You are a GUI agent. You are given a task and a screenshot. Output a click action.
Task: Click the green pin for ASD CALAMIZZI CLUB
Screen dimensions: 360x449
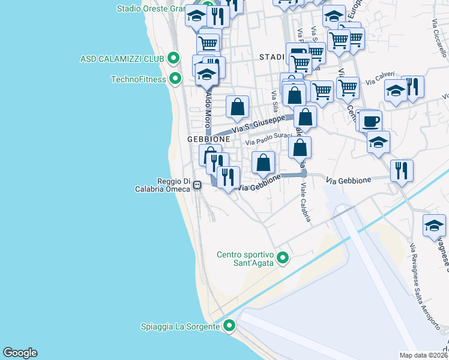click(x=173, y=58)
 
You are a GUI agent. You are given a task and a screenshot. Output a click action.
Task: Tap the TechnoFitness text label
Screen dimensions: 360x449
click(x=138, y=79)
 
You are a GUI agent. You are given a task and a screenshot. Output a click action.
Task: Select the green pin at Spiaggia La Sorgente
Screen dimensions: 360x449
click(x=229, y=326)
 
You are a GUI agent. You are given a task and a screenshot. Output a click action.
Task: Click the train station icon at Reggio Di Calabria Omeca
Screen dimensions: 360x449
click(x=197, y=186)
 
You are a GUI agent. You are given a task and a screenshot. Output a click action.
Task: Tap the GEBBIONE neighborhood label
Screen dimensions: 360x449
click(x=208, y=139)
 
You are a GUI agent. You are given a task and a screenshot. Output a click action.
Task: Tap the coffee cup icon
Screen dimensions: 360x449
click(x=370, y=121)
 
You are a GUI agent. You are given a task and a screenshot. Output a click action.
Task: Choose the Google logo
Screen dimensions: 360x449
click(x=20, y=353)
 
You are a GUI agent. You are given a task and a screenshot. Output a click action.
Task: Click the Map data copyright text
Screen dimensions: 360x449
click(x=424, y=355)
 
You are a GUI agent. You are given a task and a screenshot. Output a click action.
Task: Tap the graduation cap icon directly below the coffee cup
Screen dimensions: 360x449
click(x=378, y=142)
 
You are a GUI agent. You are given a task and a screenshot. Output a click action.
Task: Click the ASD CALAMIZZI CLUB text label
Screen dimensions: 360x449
click(x=122, y=59)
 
